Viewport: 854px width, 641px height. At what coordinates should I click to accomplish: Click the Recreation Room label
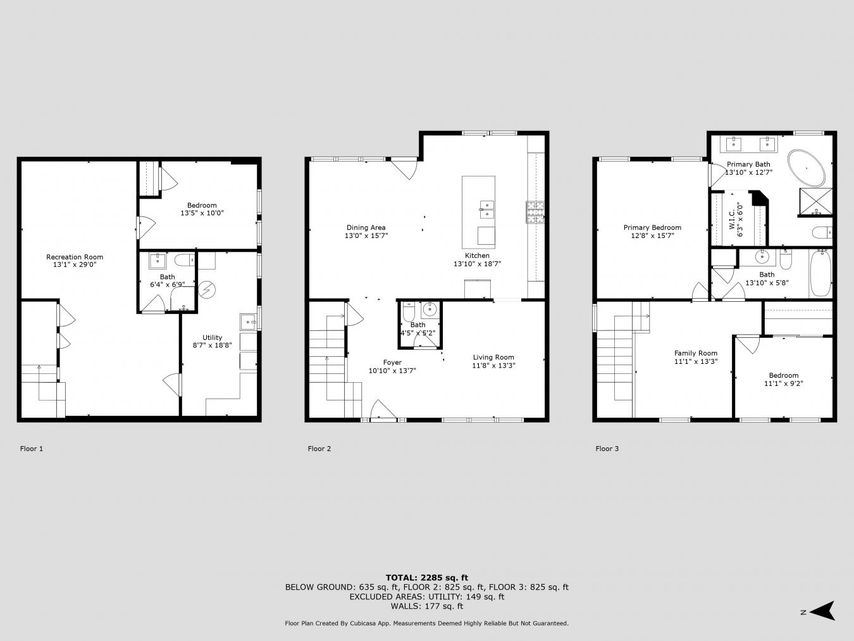tap(75, 257)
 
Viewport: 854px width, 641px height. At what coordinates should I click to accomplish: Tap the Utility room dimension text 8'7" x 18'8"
tap(212, 345)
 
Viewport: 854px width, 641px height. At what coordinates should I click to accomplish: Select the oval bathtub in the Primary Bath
tap(806, 168)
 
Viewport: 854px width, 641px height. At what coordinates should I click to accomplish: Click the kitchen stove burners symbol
tap(535, 212)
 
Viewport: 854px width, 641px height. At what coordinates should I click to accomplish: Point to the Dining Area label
tap(366, 228)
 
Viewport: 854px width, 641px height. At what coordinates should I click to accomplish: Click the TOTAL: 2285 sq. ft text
tap(427, 578)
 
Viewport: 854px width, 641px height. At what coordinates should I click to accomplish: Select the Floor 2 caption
tap(319, 449)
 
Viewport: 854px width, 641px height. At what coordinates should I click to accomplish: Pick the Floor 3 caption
tap(607, 449)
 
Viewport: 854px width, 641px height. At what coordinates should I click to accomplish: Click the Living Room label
tap(493, 358)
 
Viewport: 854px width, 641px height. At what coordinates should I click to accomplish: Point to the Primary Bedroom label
tap(652, 228)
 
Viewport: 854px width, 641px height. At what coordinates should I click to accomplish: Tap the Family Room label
tap(696, 353)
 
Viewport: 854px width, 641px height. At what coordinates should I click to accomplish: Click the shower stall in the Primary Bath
tap(816, 202)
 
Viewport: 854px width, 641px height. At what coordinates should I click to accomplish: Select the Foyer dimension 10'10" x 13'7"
tap(392, 371)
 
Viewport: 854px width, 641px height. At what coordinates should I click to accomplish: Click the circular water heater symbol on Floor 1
tap(207, 290)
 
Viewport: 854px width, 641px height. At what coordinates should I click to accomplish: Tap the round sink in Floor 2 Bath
tap(430, 310)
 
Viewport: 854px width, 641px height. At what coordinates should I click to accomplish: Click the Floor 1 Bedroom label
tap(202, 205)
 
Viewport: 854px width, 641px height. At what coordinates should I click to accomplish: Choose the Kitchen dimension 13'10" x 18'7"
tap(478, 264)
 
